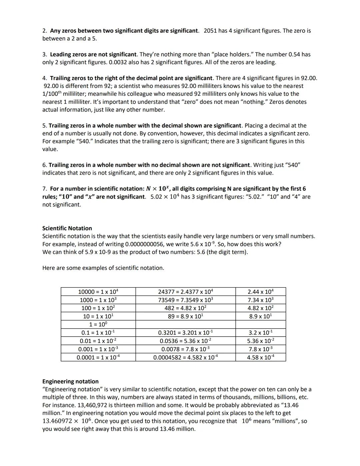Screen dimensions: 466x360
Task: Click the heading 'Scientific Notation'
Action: tap(67, 228)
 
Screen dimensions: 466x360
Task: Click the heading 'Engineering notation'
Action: tap(70, 381)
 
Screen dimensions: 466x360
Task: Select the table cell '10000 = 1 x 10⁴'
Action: tap(98, 292)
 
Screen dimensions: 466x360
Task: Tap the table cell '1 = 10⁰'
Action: tap(98, 324)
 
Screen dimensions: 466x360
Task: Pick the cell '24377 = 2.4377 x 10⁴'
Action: tap(185, 292)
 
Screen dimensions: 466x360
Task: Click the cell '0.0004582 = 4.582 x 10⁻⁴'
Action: tap(185, 357)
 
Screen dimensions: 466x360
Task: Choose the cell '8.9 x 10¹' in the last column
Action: tap(260, 316)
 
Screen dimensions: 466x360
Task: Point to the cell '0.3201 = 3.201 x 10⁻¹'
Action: tap(185, 333)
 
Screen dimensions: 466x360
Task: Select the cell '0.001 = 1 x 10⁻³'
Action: tap(98, 349)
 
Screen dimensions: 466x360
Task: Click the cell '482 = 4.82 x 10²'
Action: tap(185, 308)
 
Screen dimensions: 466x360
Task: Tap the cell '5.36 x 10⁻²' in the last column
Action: tap(260, 341)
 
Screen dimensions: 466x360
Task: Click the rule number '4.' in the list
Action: tap(45, 78)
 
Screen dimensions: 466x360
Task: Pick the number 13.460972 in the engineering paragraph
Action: tap(57, 421)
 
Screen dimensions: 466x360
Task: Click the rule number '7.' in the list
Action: tap(45, 189)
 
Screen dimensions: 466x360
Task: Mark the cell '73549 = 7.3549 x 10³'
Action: tap(185, 300)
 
